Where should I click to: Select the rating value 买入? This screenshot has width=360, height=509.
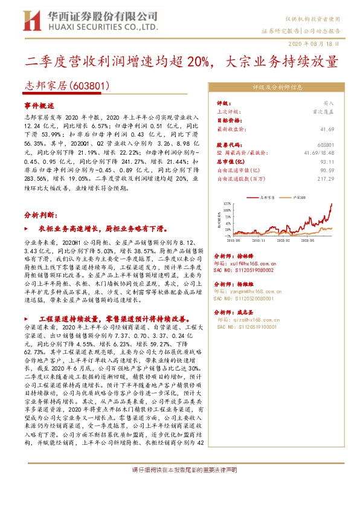(329, 103)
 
